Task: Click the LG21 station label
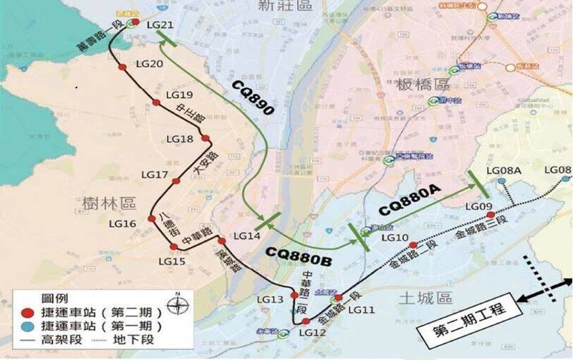click(x=160, y=25)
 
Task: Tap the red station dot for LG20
click(x=122, y=67)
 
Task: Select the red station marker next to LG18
click(x=206, y=139)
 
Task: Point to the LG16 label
click(x=121, y=224)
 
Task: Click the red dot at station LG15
click(x=173, y=247)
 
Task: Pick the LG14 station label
click(x=247, y=236)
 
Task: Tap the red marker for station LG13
click(x=294, y=295)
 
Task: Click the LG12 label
click(x=314, y=333)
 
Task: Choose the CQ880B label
click(x=298, y=257)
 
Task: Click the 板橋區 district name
click(x=422, y=84)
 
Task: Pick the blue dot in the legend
click(x=28, y=326)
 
